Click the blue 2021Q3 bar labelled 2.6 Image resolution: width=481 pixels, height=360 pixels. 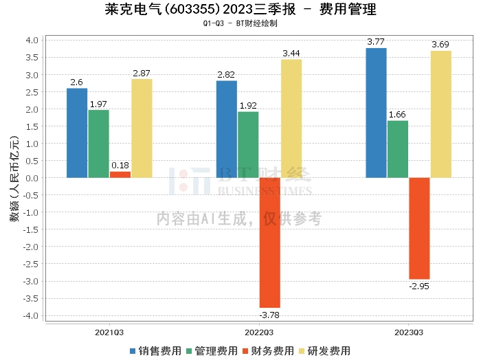(77, 133)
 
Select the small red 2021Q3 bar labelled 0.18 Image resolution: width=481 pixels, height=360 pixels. (120, 175)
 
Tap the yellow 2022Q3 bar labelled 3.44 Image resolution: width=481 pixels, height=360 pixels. (291, 119)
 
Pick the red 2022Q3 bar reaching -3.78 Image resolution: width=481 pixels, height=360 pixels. (270, 243)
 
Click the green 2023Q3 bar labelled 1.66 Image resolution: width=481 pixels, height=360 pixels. (398, 149)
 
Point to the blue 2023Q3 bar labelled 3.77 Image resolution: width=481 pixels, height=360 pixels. (377, 113)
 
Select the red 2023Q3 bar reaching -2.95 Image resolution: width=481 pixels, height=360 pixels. (420, 229)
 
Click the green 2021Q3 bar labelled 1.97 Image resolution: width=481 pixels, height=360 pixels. (99, 144)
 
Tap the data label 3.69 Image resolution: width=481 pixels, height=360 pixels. (440, 45)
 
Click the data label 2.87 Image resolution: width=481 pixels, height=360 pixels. (142, 74)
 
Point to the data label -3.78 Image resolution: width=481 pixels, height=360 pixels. (269, 315)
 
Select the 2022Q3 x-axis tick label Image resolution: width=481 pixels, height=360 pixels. (259, 333)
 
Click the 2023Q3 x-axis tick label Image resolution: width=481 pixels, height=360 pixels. (409, 333)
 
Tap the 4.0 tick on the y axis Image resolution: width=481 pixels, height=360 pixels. (32, 41)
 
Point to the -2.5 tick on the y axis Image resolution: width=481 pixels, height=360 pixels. (31, 265)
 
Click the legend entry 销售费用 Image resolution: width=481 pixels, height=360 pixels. (156, 351)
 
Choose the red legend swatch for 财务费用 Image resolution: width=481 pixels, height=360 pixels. (245, 351)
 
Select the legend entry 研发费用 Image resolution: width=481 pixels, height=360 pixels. (325, 351)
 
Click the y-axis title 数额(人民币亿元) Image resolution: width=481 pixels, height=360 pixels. (14, 178)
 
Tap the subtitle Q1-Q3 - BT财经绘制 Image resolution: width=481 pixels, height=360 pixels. (240, 23)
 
